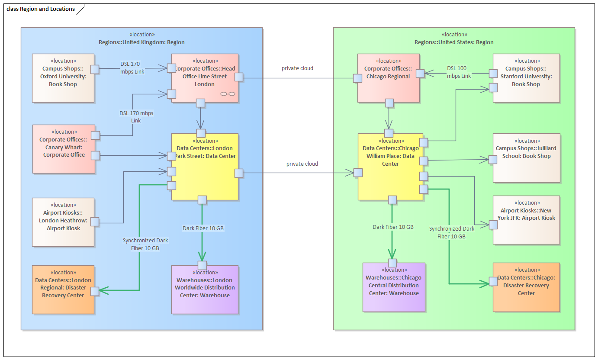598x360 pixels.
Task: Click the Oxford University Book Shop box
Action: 63,78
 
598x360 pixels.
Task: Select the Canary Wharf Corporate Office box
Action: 64,149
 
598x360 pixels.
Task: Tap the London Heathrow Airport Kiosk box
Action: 63,222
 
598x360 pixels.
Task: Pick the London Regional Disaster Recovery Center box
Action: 63,289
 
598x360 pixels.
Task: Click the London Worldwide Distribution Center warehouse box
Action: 205,289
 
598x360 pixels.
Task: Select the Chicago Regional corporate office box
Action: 389,78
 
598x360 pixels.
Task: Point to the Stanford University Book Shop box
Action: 526,78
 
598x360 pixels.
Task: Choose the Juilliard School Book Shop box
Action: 527,158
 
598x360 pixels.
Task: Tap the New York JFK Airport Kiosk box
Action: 526,220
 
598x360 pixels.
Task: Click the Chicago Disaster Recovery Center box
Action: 526,287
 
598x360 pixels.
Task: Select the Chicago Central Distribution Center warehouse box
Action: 394,287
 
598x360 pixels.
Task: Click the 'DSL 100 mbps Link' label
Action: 459,72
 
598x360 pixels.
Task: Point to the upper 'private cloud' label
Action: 297,68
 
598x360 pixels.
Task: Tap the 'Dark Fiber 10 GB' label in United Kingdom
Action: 203,228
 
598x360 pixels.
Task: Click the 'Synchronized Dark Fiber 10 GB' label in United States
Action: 452,232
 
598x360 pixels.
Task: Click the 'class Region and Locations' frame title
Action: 41,9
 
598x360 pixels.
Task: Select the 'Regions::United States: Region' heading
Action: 454,42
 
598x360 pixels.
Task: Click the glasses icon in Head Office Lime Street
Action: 228,94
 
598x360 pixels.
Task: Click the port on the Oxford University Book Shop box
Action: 95,69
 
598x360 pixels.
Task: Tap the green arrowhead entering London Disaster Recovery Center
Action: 103,290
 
